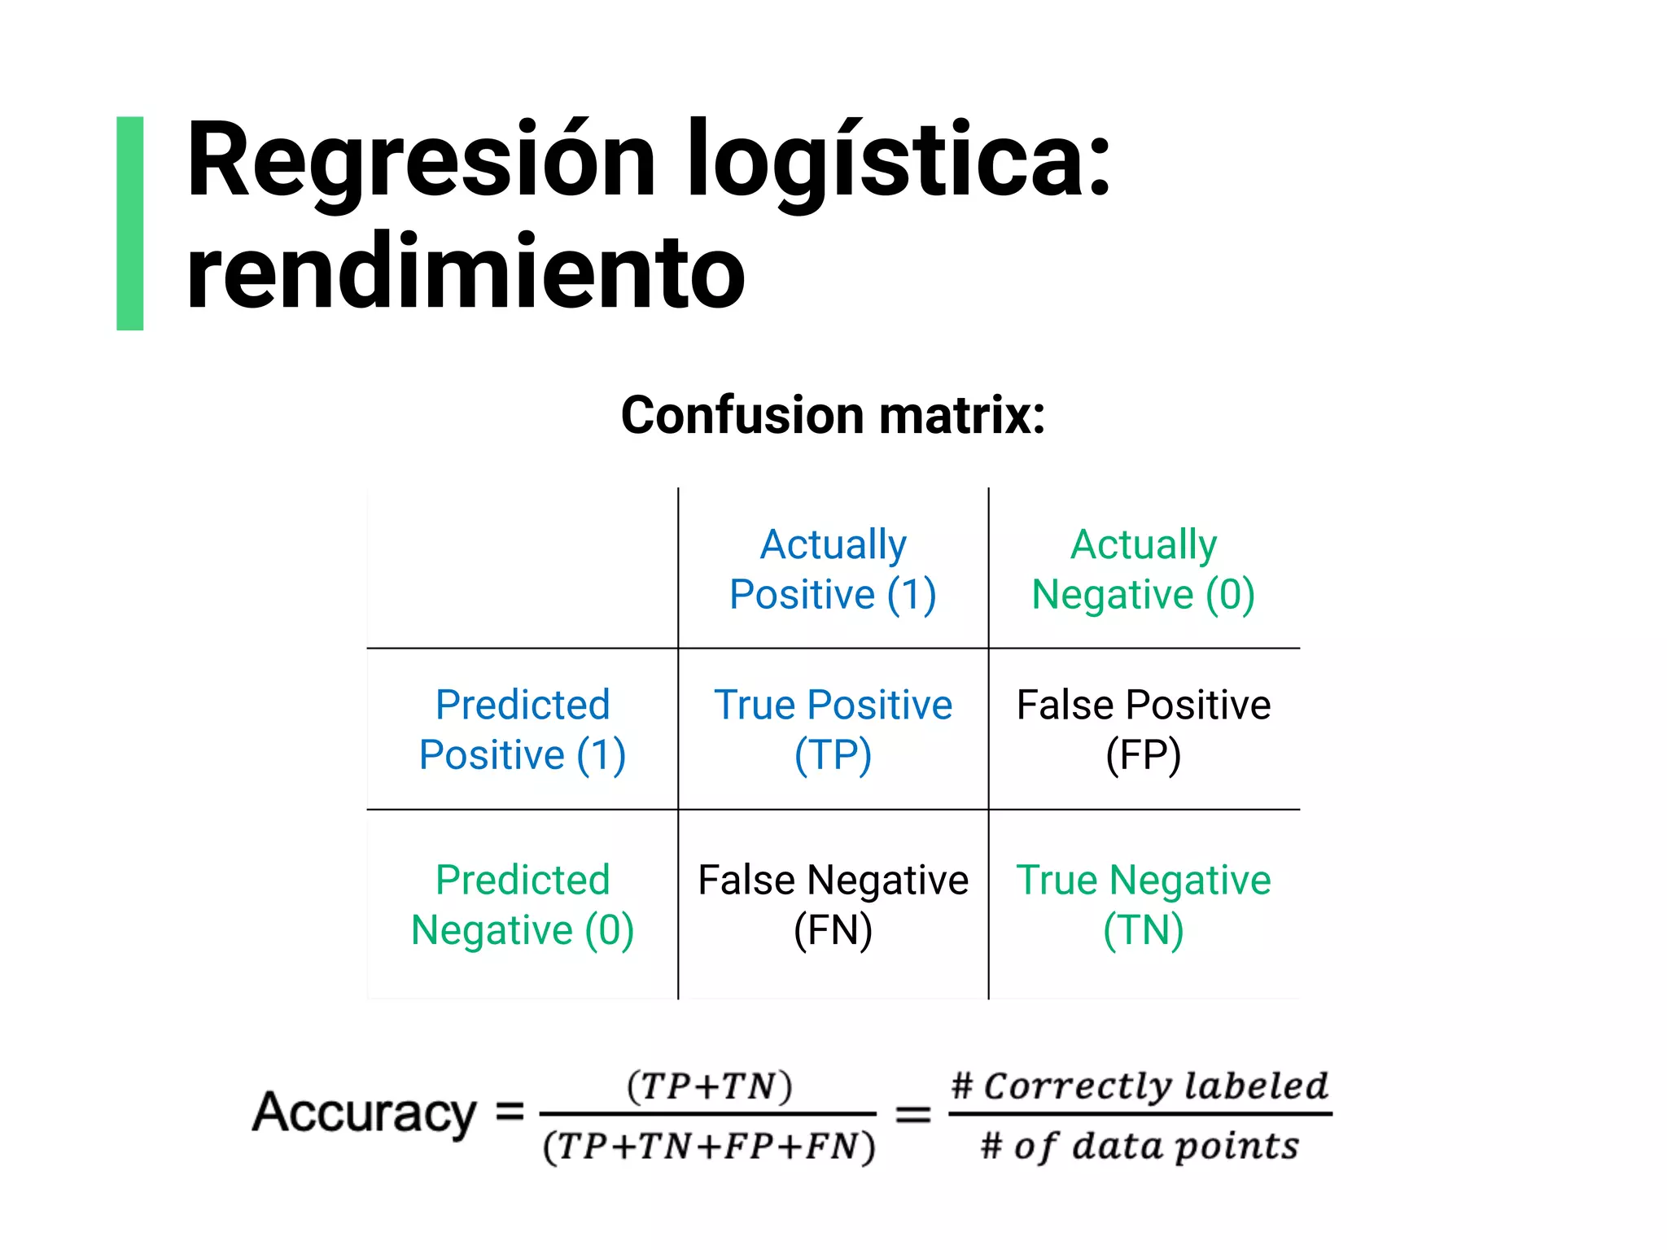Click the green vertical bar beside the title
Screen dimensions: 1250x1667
point(130,223)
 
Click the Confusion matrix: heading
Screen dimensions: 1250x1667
point(833,416)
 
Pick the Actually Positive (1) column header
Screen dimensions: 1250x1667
point(833,569)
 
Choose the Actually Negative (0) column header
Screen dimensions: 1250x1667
point(1143,569)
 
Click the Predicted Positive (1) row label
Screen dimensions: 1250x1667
point(523,729)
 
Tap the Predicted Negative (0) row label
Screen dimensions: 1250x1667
point(523,904)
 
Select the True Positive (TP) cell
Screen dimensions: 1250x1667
point(833,729)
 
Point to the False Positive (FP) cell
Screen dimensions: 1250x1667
point(1143,729)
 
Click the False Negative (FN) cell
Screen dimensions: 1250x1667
point(833,904)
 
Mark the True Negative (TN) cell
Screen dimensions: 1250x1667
point(1143,904)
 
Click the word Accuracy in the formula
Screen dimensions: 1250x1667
point(364,1112)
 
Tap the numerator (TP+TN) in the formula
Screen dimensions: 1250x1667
point(709,1086)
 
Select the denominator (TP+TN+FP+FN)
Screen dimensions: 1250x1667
point(709,1146)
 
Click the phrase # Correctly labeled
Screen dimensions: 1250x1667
point(1140,1086)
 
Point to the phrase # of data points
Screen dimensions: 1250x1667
point(1140,1146)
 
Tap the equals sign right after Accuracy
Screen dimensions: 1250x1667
point(510,1111)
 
